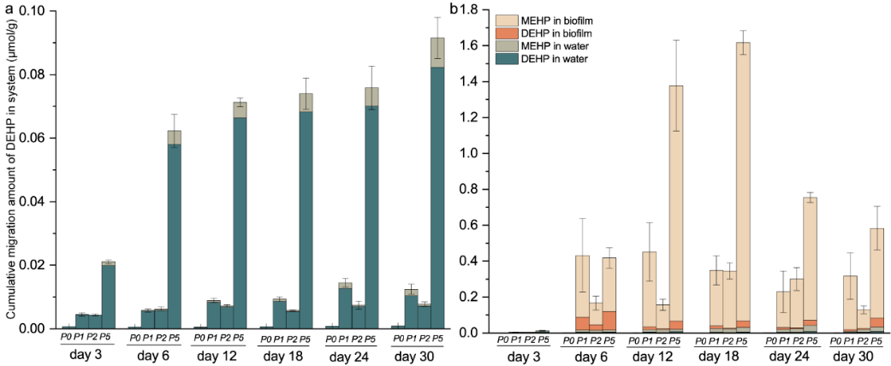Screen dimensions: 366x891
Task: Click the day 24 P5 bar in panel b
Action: point(811,264)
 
